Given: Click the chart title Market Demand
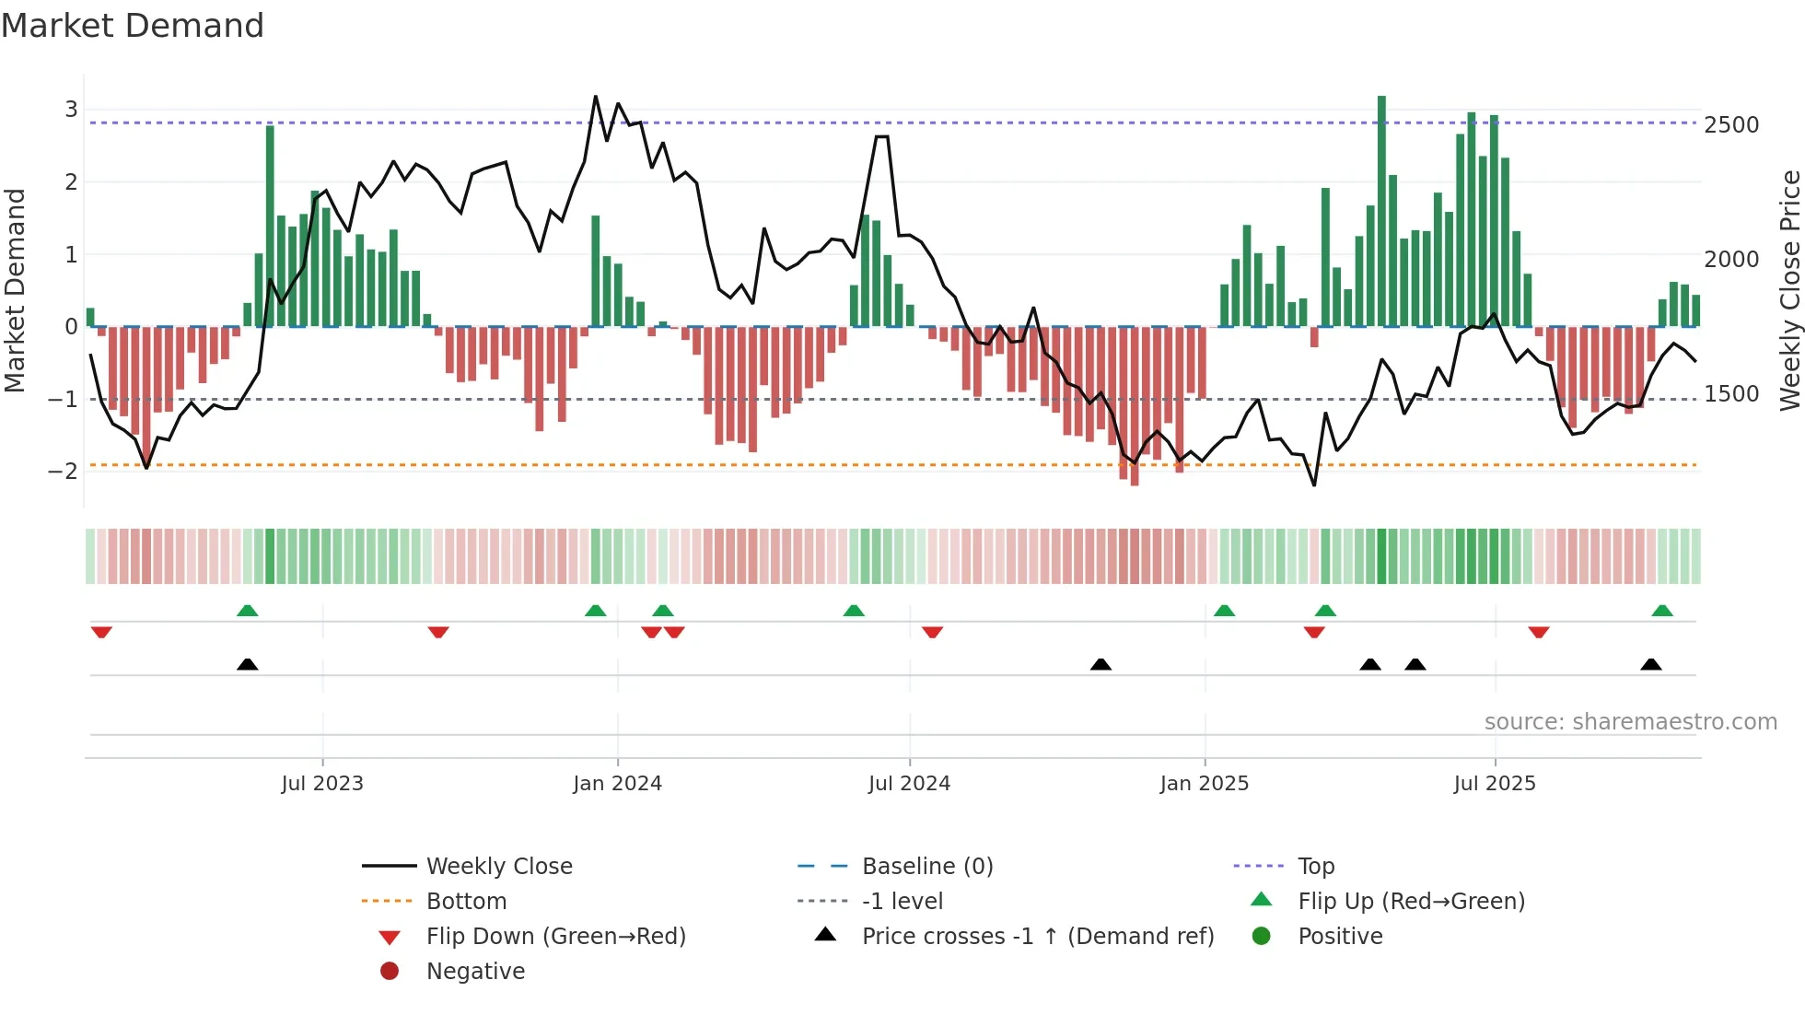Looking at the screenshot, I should pos(133,26).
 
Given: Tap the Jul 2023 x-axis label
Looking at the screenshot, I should pos(322,784).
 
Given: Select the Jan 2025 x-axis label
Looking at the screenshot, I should pos(1204,784).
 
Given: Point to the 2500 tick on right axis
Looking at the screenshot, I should pos(1730,125).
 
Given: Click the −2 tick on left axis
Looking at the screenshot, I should pos(64,472).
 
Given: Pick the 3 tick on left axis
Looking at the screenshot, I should pos(71,110).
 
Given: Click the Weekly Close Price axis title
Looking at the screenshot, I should pos(1789,290).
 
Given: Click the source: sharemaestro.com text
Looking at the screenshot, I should pos(1630,722).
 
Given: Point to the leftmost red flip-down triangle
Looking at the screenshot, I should pos(101,632).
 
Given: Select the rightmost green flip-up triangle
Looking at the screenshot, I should pos(1661,611).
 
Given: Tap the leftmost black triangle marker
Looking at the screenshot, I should pos(247,664).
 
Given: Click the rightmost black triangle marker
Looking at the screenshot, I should pos(1650,664).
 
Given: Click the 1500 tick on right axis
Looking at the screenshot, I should pos(1730,394).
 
